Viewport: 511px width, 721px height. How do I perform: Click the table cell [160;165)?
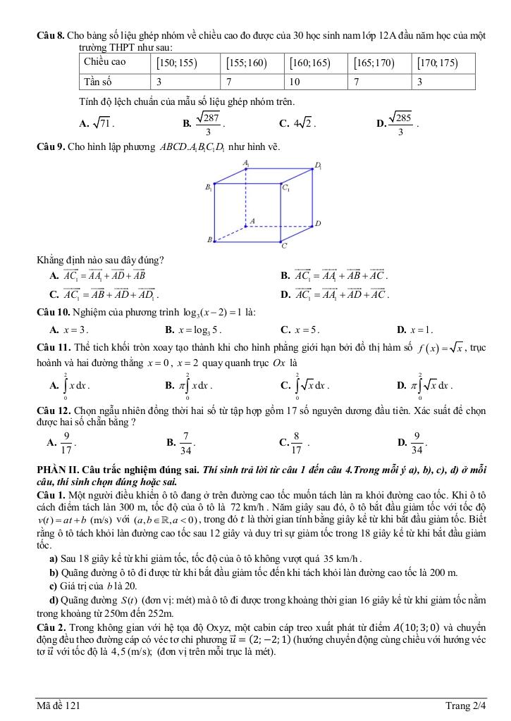click(310, 63)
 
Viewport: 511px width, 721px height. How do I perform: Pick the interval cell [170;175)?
click(438, 63)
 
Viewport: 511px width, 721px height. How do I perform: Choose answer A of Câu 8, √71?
click(98, 124)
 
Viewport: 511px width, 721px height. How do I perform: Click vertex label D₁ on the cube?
click(319, 166)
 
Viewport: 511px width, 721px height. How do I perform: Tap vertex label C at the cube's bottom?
click(284, 246)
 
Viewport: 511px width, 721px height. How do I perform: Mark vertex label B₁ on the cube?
click(208, 187)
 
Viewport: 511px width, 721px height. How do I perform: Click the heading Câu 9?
click(51, 147)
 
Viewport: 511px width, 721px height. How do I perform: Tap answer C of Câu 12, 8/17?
click(295, 442)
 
